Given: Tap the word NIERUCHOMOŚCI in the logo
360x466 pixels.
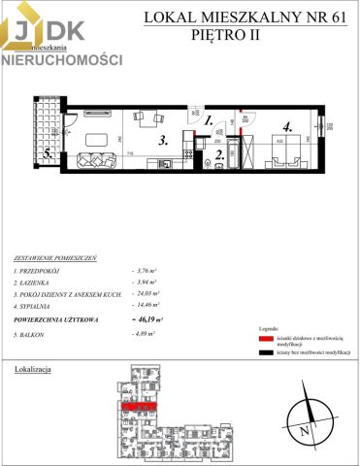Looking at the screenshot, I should coord(61,59).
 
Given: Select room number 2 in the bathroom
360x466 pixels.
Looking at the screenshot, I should coord(220,152).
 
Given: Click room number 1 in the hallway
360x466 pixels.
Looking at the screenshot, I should coord(209,121).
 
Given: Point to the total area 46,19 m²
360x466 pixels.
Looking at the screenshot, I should coord(147,317).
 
